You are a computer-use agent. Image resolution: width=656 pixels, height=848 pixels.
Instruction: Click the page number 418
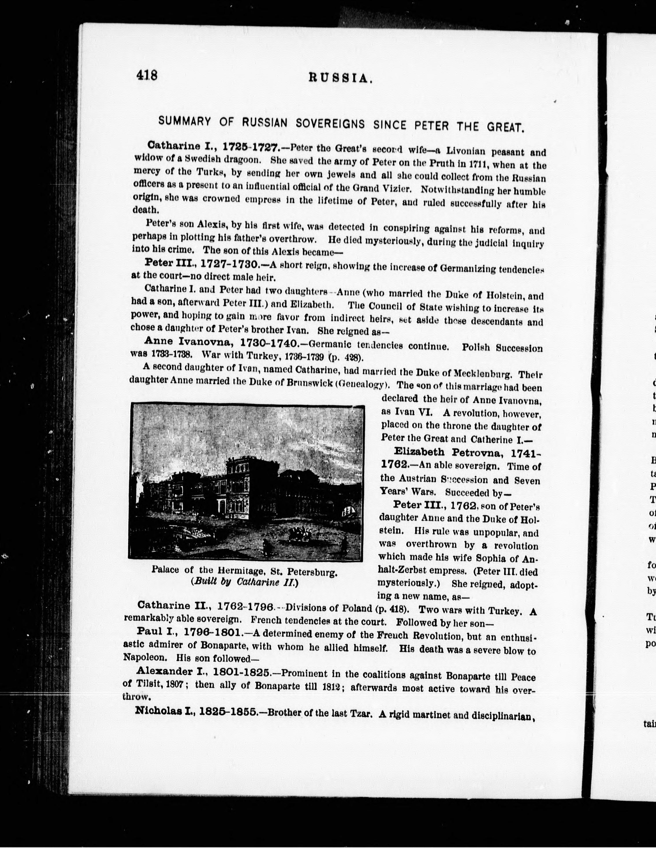[147, 75]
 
